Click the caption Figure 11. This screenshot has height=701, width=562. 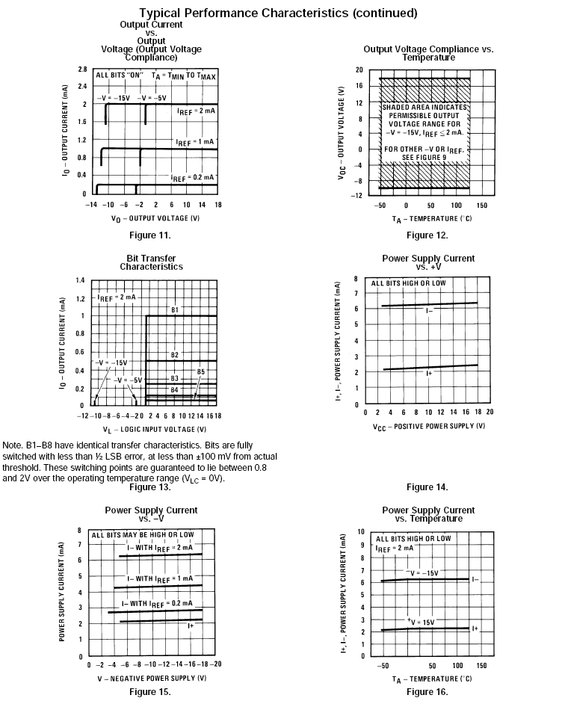tap(151, 235)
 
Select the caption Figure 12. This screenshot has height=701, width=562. tap(427, 235)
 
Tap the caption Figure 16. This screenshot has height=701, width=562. tap(427, 691)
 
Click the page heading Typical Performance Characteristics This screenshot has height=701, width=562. tap(278, 13)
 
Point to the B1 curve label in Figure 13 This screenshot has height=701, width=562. tap(174, 309)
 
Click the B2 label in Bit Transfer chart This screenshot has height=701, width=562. tap(174, 354)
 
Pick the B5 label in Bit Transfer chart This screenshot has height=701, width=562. tap(200, 371)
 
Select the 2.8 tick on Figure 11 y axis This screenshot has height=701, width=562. tap(81, 69)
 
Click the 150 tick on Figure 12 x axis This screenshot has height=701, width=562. tap(481, 205)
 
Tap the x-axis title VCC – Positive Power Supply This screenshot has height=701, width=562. tap(427, 425)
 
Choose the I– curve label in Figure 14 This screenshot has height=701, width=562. tap(430, 309)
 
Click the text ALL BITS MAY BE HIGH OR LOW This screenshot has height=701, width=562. tap(142, 535)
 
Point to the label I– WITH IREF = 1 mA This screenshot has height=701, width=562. tap(159, 578)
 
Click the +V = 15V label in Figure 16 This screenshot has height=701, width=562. tap(421, 622)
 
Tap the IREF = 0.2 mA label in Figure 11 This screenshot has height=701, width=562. tap(192, 178)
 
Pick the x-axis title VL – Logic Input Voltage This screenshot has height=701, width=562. tap(154, 429)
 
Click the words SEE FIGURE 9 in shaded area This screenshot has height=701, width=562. tap(424, 158)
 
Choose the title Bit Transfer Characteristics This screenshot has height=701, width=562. tap(151, 262)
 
